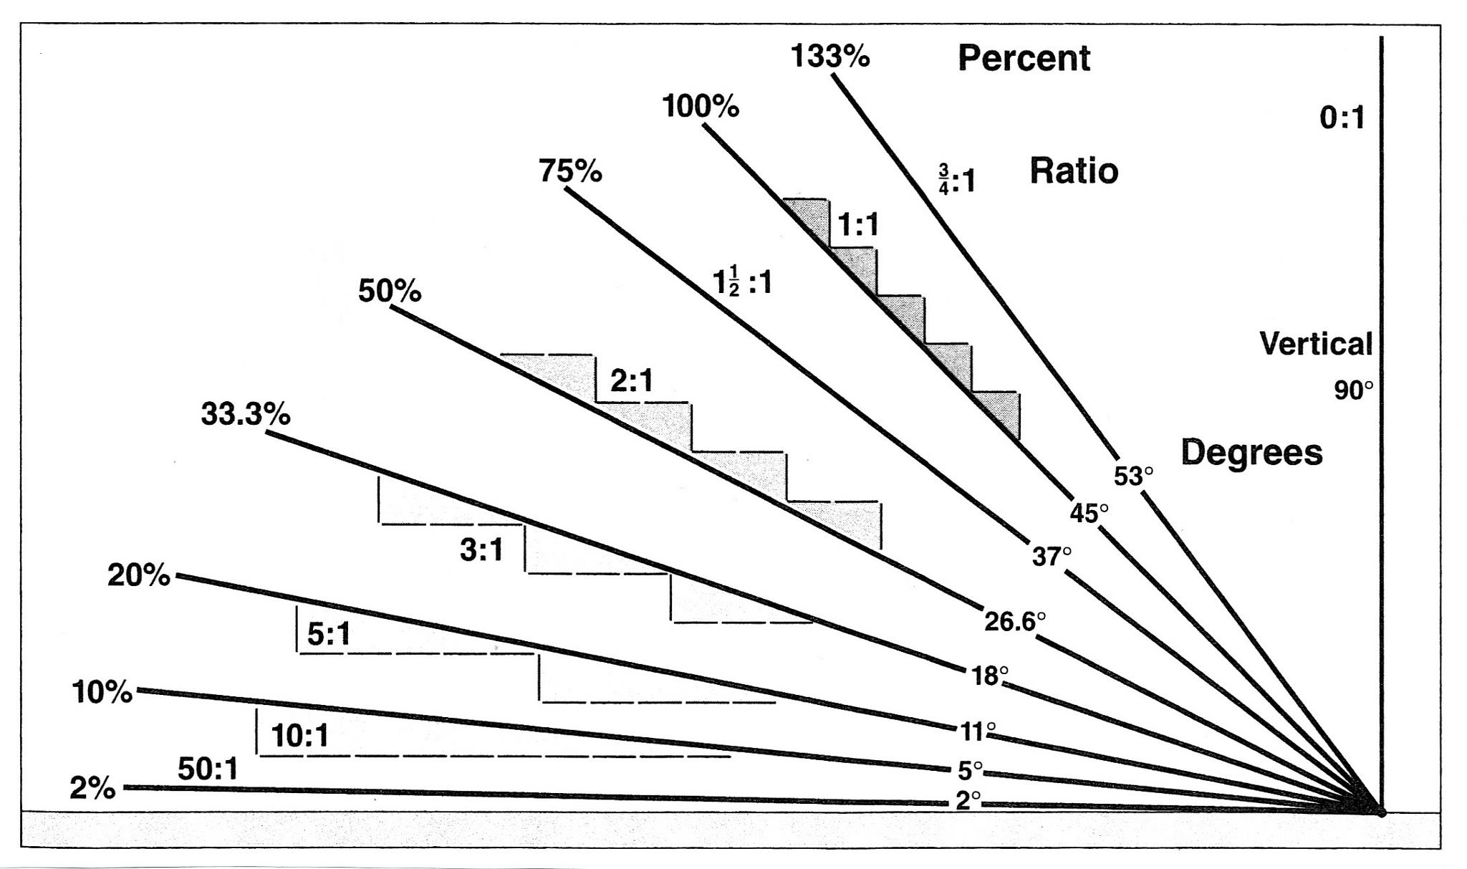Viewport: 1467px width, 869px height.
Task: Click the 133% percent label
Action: pos(830,56)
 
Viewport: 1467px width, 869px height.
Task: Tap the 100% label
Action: pos(701,107)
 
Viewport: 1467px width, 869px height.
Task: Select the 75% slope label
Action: pos(570,171)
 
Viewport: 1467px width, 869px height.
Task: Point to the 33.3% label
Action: pos(246,414)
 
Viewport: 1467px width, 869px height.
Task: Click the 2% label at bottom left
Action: pos(92,788)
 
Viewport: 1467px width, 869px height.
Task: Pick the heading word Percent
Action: pos(1024,58)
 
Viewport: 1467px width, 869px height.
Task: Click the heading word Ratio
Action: pos(1074,171)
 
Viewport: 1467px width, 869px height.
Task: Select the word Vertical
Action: pos(1316,344)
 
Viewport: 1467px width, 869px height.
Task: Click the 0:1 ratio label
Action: pos(1342,117)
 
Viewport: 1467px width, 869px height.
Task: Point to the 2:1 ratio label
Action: pos(632,380)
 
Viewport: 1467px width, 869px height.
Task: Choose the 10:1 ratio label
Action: pos(300,736)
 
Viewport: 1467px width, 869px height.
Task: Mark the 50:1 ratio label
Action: pos(208,769)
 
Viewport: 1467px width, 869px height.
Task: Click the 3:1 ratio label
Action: pos(481,550)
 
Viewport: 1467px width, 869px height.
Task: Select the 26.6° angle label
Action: pos(1015,621)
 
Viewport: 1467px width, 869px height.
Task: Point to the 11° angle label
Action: pos(978,731)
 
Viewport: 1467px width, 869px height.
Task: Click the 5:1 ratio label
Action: pos(329,634)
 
